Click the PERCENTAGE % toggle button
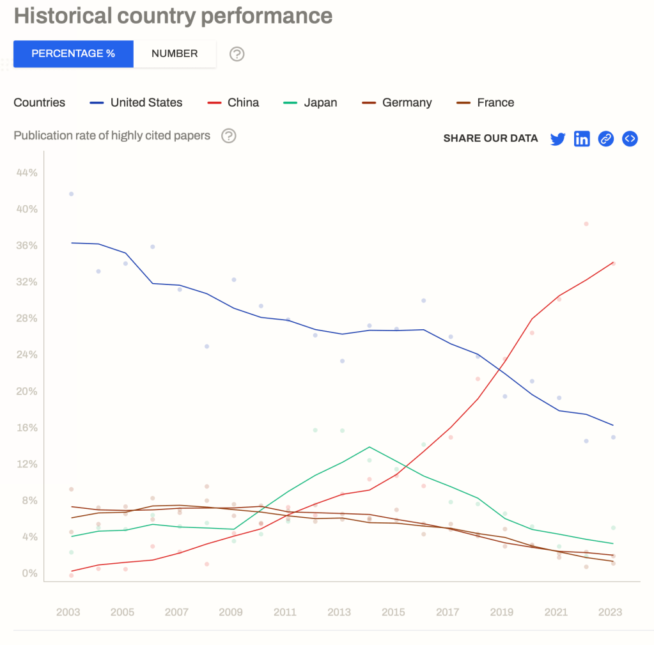pyautogui.click(x=74, y=54)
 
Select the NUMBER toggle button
pyautogui.click(x=175, y=54)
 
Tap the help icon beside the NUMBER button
pyautogui.click(x=237, y=54)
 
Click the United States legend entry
pyautogui.click(x=136, y=102)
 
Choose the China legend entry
pyautogui.click(x=234, y=102)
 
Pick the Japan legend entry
pyautogui.click(x=311, y=102)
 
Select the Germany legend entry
pyautogui.click(x=397, y=102)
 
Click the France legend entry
pyautogui.click(x=487, y=102)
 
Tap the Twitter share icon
pyautogui.click(x=557, y=139)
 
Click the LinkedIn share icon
pyautogui.click(x=582, y=139)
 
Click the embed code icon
pyautogui.click(x=630, y=139)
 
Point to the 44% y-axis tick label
pyautogui.click(x=27, y=173)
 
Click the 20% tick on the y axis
pyautogui.click(x=27, y=391)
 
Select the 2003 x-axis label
pyautogui.click(x=68, y=612)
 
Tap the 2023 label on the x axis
pyautogui.click(x=610, y=612)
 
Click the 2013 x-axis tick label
pyautogui.click(x=339, y=612)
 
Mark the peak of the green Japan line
pyautogui.click(x=369, y=447)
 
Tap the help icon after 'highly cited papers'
pyautogui.click(x=228, y=136)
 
